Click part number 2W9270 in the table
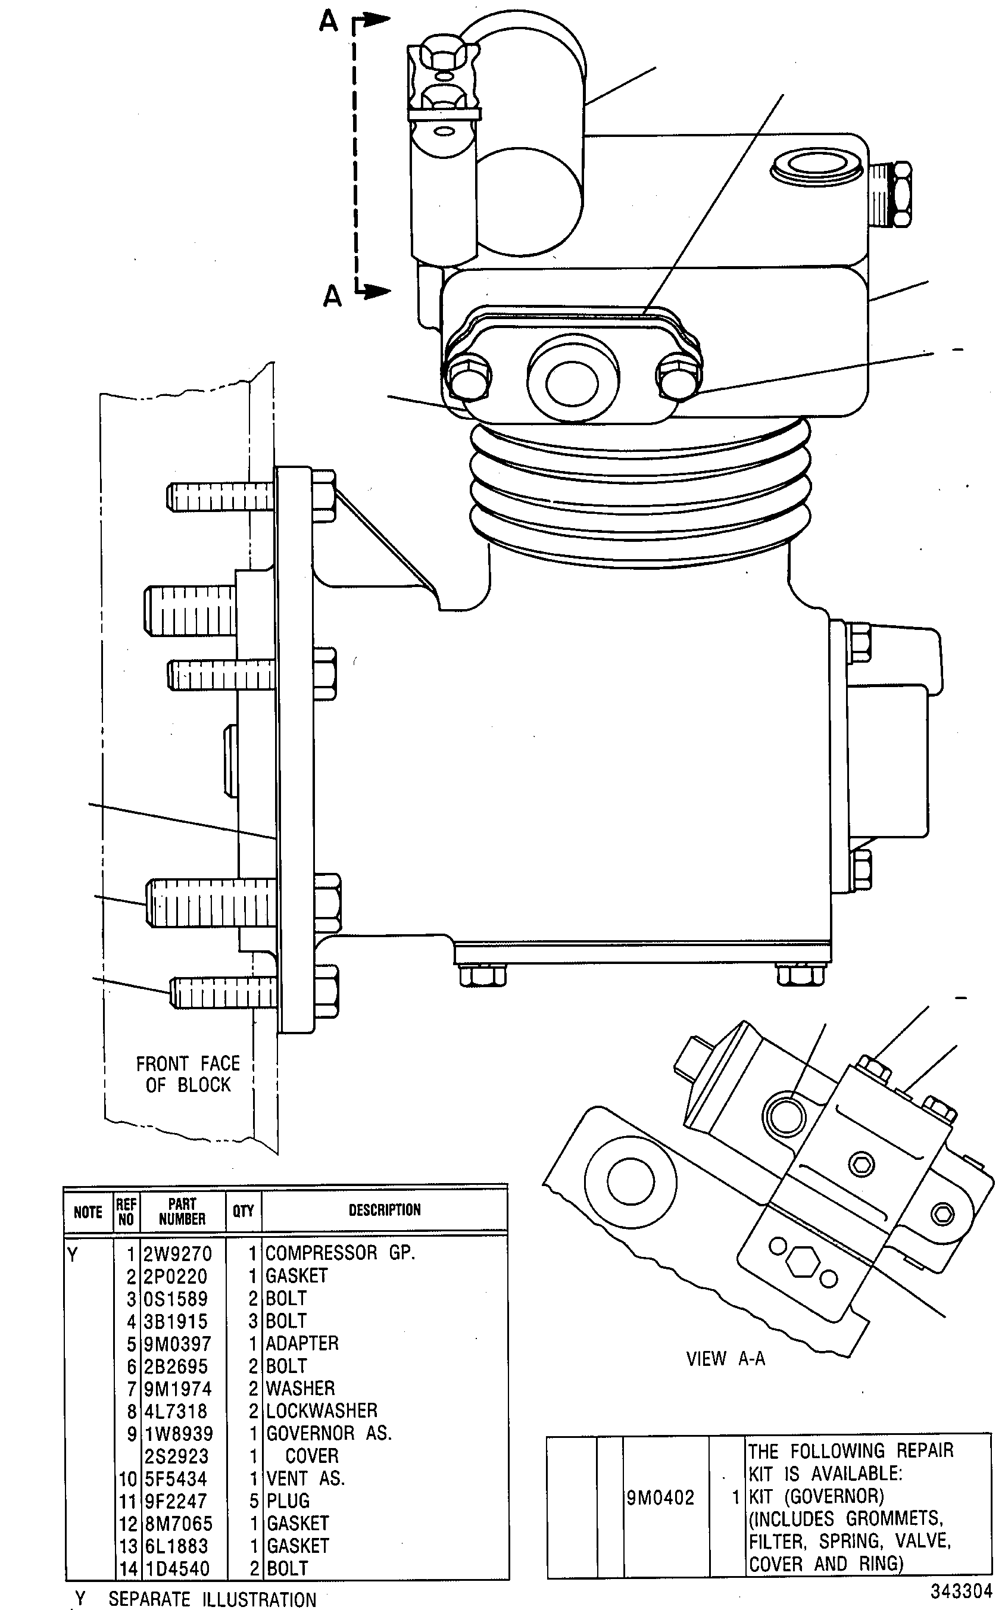177,1254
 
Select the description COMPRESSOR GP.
341,1253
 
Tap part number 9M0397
177,1343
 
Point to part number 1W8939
179,1433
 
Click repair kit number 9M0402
660,1497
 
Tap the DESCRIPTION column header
385,1209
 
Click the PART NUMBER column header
182,1211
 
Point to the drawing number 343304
961,1591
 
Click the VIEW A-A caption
726,1358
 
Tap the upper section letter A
329,22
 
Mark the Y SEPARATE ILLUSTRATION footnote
195,1598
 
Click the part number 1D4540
177,1568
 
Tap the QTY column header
244,1210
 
